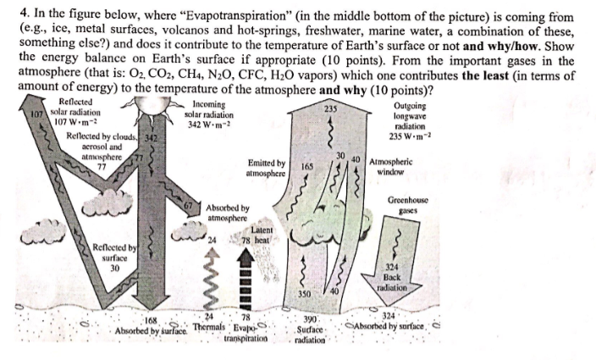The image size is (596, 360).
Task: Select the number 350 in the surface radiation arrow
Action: [x=306, y=293]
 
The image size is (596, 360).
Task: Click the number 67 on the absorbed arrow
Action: [x=190, y=205]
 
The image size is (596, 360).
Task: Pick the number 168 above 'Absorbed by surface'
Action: [x=152, y=319]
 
